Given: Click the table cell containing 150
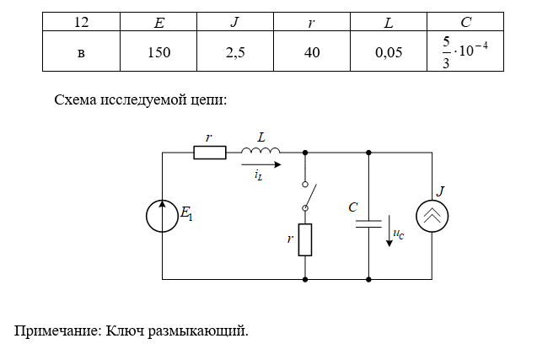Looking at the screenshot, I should [158, 53].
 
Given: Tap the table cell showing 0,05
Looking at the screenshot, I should [388, 53].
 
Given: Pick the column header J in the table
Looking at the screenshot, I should [234, 23].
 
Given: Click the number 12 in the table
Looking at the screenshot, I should [81, 23].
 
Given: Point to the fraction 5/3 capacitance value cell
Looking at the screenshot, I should [465, 53].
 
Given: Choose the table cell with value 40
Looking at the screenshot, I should [311, 53].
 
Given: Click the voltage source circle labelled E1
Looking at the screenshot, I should [162, 216].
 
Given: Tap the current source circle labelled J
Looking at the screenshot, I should [432, 216].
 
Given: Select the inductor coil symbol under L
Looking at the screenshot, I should [260, 151].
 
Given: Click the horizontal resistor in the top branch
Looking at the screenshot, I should [210, 153].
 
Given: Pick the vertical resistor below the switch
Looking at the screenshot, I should [305, 239].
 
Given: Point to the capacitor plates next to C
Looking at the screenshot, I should [369, 224].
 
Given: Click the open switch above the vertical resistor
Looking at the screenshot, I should [307, 196].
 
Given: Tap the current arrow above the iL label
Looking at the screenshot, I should [261, 164].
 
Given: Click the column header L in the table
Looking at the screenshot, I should [388, 23].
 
